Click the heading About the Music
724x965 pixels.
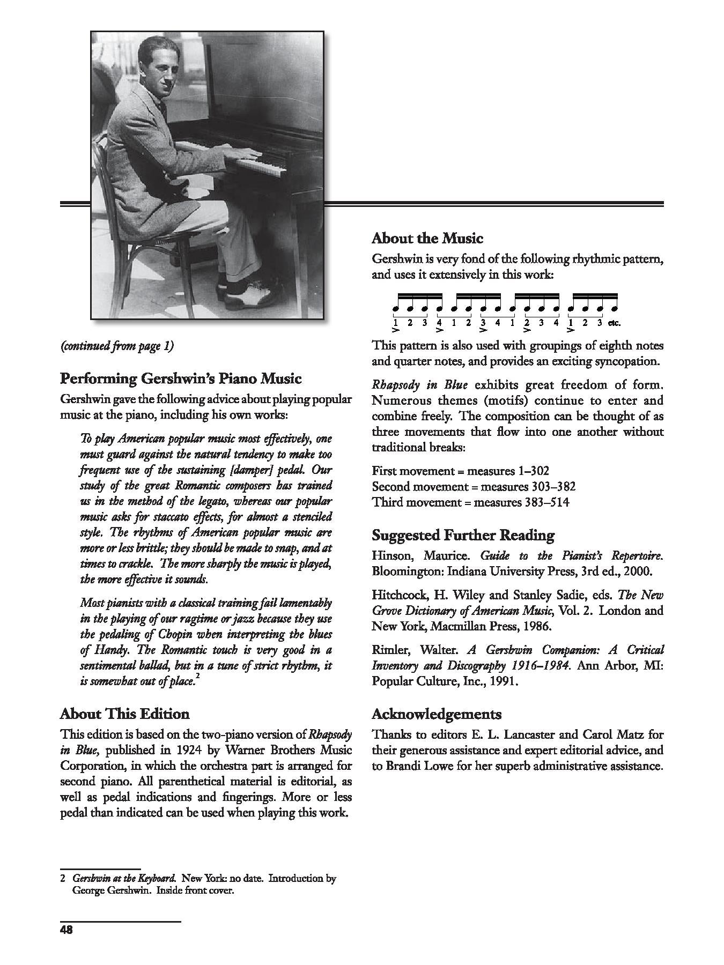click(427, 238)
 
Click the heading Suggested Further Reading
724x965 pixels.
click(463, 535)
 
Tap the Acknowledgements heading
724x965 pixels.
click(437, 714)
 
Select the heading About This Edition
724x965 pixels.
click(124, 714)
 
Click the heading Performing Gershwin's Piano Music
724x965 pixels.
click(181, 379)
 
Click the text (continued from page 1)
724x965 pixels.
click(117, 346)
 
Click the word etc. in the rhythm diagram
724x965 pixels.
click(614, 323)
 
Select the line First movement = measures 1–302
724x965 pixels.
click(460, 471)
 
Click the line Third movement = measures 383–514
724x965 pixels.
click(470, 502)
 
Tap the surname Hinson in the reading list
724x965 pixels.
click(390, 555)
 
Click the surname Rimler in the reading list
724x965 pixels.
click(389, 650)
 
